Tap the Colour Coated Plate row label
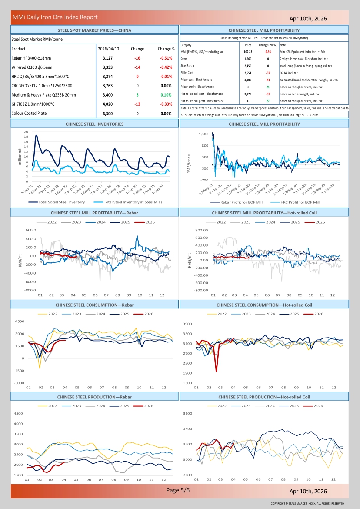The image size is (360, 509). click(29, 114)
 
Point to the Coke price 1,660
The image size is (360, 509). click(248, 58)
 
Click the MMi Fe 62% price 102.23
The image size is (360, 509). click(248, 51)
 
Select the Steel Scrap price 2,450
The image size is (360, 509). click(248, 66)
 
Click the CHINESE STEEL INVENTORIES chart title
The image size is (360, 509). click(94, 124)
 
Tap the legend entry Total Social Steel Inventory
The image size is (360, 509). click(61, 202)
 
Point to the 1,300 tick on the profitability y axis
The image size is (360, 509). click(203, 134)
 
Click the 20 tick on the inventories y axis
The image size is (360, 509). click(26, 132)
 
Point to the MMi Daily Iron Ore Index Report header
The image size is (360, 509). click(55, 17)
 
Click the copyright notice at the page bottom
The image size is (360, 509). click(307, 503)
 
